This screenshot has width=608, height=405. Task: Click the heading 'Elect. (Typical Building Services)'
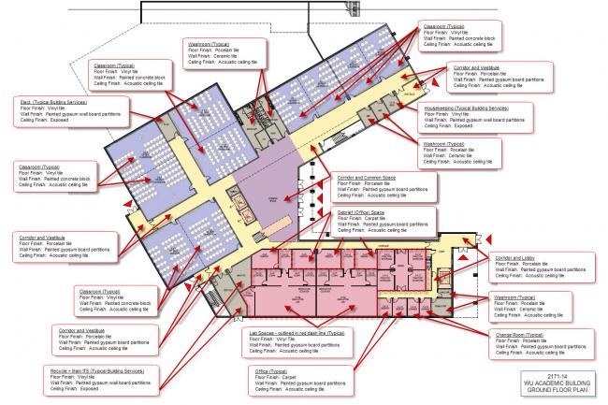54,98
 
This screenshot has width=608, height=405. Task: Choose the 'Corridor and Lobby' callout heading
515,256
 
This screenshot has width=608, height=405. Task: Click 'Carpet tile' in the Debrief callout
374,219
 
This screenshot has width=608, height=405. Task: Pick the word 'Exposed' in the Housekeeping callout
462,128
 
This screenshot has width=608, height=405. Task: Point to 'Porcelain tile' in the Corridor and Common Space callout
379,182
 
